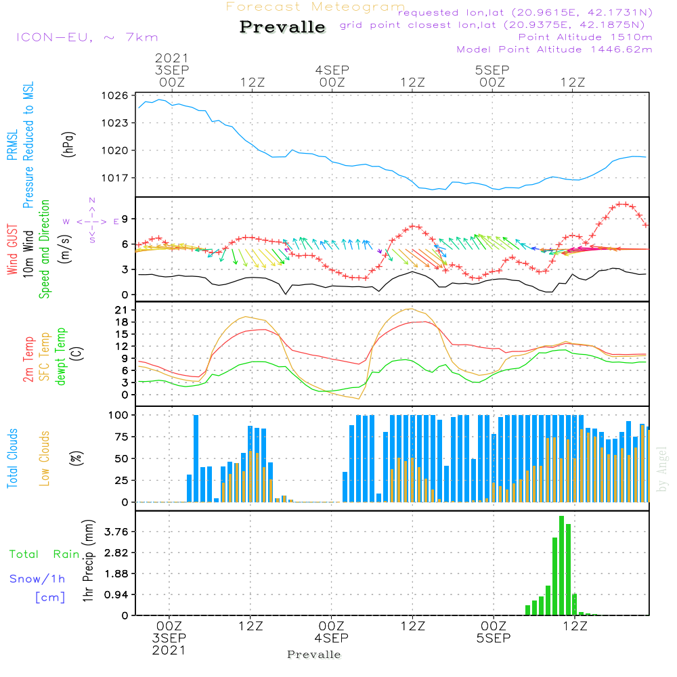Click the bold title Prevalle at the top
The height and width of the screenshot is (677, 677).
click(x=282, y=28)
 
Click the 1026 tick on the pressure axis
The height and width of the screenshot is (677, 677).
click(x=116, y=95)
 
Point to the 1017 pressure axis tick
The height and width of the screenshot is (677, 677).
click(x=116, y=178)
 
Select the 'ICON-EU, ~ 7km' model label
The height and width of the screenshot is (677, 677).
click(x=86, y=37)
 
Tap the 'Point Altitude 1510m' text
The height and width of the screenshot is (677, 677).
click(x=585, y=37)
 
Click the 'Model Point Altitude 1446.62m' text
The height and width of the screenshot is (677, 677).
click(x=554, y=49)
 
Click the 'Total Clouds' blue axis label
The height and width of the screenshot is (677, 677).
click(x=12, y=458)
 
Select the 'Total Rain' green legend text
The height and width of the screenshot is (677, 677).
click(x=44, y=554)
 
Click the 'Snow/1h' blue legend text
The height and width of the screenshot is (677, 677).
click(x=37, y=579)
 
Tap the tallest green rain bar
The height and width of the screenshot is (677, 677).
click(x=561, y=565)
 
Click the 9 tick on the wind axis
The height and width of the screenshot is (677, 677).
click(x=125, y=219)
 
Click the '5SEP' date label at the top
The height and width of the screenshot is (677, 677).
click(x=492, y=70)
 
